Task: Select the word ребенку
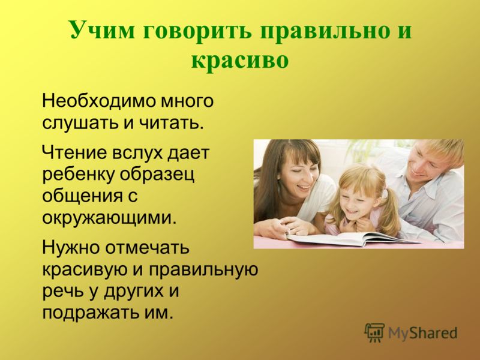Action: point(79,175)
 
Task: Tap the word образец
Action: point(157,175)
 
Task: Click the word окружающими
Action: point(110,218)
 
